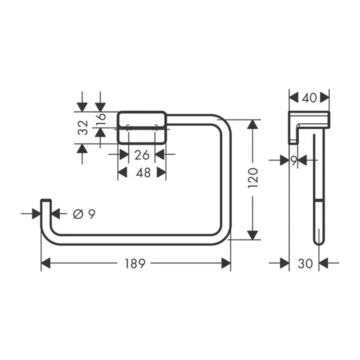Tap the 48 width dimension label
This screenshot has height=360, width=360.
coord(143,172)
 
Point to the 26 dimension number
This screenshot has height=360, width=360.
coord(142,155)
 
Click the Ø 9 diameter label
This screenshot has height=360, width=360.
coord(84,214)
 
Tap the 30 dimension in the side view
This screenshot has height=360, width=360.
coord(305,264)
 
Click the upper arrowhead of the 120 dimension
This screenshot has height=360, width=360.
coord(253,125)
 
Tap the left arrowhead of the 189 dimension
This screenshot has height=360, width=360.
coord(46,264)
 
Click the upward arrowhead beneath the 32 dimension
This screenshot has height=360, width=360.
coord(82,148)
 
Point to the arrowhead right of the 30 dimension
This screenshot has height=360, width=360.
coord(324,264)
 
